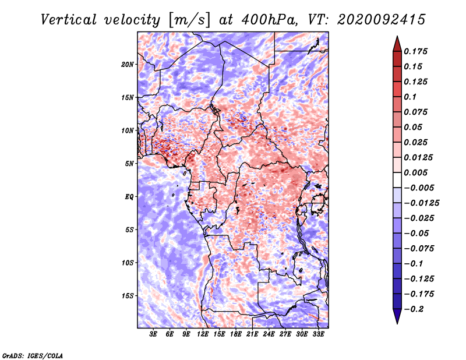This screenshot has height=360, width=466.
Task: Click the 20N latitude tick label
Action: pos(127,65)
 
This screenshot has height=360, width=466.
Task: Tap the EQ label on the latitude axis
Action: pos(129,197)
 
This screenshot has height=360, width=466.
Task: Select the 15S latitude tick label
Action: pos(127,296)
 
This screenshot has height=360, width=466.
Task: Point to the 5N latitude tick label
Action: pos(129,164)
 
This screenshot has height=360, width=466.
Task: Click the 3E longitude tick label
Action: pos(153,334)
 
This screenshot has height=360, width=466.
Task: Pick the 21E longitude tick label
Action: pos(252,334)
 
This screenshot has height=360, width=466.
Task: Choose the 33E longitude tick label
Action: pos(318,334)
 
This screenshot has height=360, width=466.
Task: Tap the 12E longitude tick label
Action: pos(203,334)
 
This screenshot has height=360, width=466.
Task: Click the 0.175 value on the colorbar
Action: pos(415,51)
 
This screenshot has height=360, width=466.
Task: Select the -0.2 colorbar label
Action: pos(414,309)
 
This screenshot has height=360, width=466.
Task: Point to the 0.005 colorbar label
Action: pos(415,172)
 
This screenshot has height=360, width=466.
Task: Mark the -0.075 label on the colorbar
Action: pos(419,249)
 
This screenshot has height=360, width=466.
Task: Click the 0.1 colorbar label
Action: pos(410,97)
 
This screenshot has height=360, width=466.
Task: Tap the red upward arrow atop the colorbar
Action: pos(397,44)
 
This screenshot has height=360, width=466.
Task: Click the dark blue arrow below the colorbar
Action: pos(397,316)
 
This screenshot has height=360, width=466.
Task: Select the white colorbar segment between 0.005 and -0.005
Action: pos(397,180)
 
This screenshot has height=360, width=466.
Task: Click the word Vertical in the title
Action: pos(69,20)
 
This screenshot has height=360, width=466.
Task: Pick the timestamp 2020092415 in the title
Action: pos(382,20)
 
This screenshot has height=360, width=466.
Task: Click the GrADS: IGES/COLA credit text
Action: pos(33,355)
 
